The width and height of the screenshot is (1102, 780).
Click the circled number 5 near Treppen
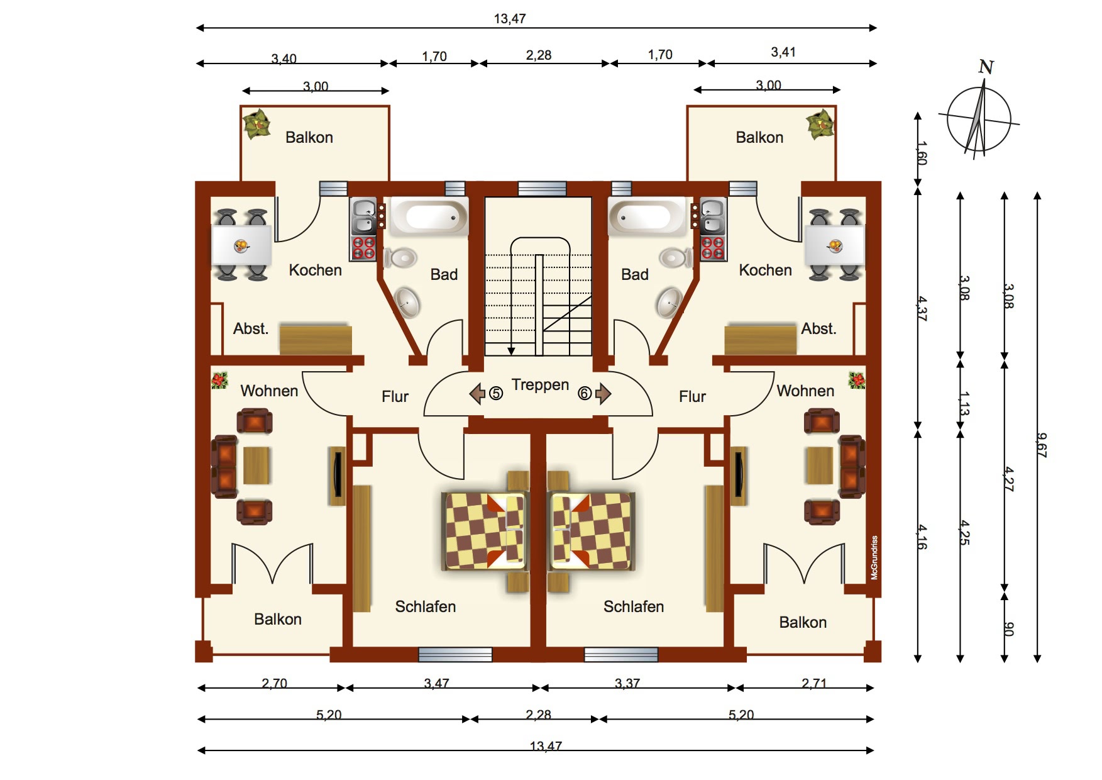click(496, 394)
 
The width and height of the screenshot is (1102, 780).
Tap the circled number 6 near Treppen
click(585, 394)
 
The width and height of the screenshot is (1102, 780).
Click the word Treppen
click(540, 385)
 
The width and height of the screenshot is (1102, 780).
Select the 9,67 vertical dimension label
click(1042, 445)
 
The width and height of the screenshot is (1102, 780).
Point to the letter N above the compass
click(986, 67)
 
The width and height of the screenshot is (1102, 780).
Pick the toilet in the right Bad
click(675, 257)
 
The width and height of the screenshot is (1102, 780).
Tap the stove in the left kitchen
click(363, 248)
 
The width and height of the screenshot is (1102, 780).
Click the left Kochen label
click(315, 270)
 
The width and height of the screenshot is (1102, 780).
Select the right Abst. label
click(818, 328)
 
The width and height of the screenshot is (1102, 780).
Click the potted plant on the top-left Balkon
click(256, 124)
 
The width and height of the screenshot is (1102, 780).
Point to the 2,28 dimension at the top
click(539, 55)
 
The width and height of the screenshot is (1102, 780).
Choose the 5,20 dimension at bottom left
click(329, 715)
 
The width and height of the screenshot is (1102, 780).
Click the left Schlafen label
click(425, 606)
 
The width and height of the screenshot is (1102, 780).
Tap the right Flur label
click(692, 396)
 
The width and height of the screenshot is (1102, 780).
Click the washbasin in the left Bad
click(407, 303)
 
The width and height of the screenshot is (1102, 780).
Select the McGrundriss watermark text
click(874, 558)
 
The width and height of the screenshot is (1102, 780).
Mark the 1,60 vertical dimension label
click(921, 153)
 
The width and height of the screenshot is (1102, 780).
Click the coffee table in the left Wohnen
click(256, 465)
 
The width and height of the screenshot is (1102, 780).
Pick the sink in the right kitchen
click(713, 216)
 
